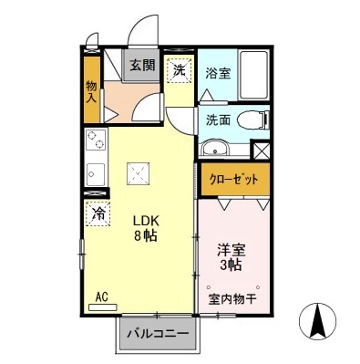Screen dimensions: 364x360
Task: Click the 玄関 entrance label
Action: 141,65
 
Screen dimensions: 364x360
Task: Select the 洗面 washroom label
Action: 217,119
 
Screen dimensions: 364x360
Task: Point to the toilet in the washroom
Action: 253,119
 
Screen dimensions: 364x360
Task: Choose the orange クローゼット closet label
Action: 235,178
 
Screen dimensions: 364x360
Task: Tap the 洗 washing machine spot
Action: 180,69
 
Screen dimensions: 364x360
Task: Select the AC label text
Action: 102,296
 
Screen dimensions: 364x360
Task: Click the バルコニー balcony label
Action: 158,334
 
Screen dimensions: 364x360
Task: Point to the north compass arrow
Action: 318,320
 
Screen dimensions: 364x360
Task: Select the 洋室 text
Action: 230,249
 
